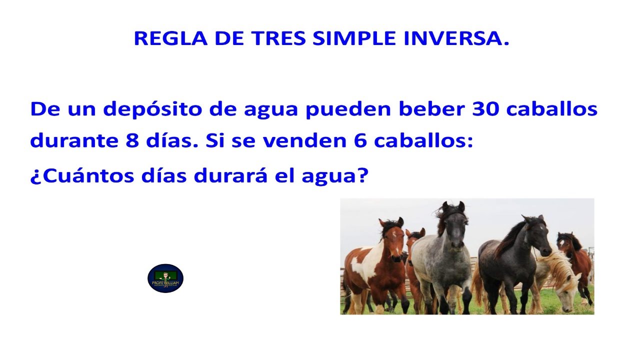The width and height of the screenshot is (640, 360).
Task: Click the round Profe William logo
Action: [x=165, y=278]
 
